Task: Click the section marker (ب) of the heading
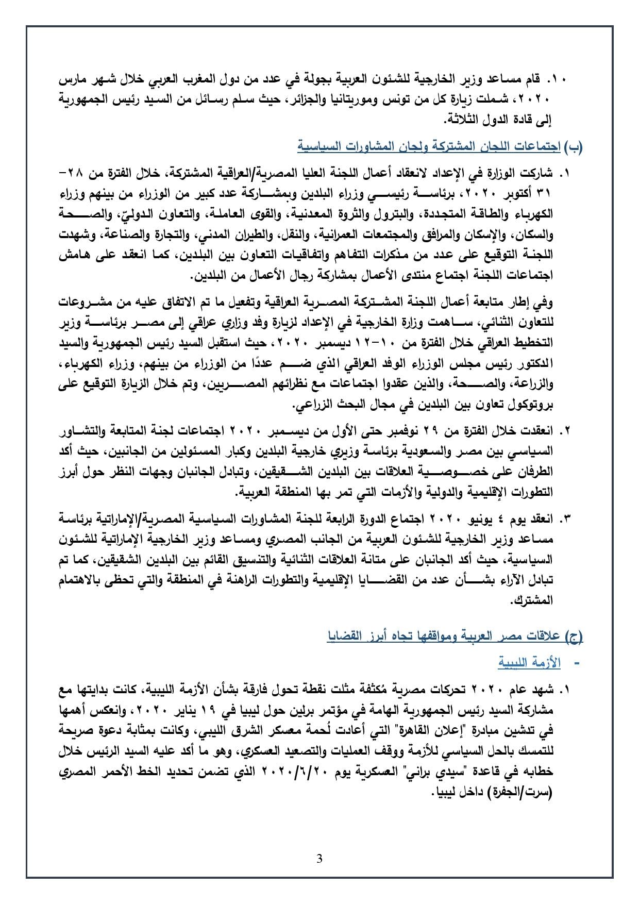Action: [574, 147]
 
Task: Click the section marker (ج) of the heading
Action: [574, 637]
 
